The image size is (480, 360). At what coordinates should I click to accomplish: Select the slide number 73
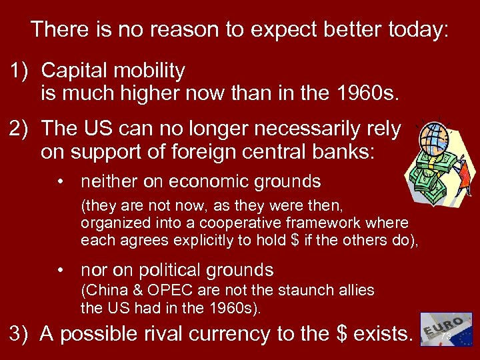[x=446, y=339]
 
